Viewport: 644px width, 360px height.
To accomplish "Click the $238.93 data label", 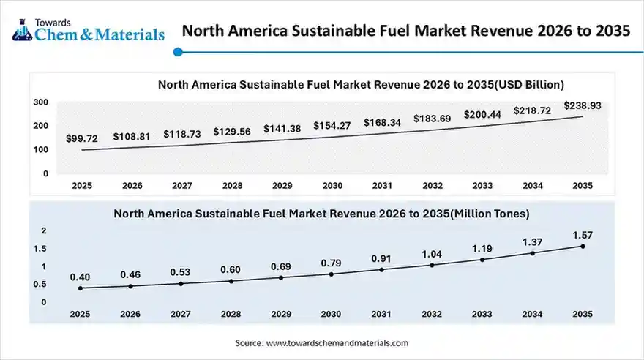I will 583,106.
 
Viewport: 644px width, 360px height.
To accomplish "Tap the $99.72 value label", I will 82,138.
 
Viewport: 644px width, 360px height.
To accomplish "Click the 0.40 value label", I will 80,277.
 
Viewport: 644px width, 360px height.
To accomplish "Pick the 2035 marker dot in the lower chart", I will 583,246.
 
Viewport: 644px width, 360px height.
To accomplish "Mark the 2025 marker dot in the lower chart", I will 80,288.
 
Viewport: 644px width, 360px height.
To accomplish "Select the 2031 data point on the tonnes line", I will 382,269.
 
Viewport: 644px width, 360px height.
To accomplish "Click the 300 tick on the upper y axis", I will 40,102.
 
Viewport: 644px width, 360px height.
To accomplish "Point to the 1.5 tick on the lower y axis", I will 40,249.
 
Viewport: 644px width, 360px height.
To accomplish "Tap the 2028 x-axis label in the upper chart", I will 231,186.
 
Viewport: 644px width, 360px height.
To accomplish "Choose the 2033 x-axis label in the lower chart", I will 482,314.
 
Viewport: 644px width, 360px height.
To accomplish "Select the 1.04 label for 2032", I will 432,253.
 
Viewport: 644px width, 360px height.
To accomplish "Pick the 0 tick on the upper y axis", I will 45,173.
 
